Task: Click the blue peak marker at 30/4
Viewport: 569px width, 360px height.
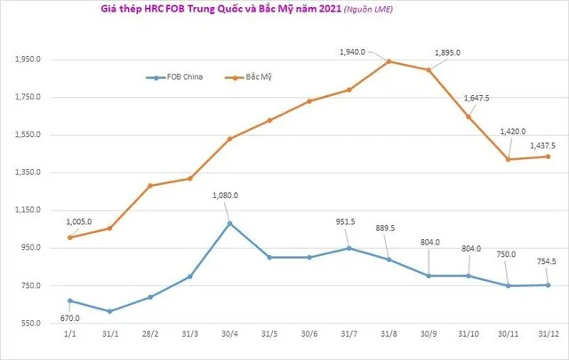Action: pyautogui.click(x=229, y=223)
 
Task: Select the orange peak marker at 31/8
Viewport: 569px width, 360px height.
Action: pyautogui.click(x=389, y=61)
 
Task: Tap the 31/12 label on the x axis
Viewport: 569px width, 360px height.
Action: pyautogui.click(x=548, y=336)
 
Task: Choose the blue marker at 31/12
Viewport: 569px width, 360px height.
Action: pyautogui.click(x=548, y=285)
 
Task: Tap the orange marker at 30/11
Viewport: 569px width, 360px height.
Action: pyautogui.click(x=508, y=159)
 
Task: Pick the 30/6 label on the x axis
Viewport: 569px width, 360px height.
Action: pyautogui.click(x=309, y=336)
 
